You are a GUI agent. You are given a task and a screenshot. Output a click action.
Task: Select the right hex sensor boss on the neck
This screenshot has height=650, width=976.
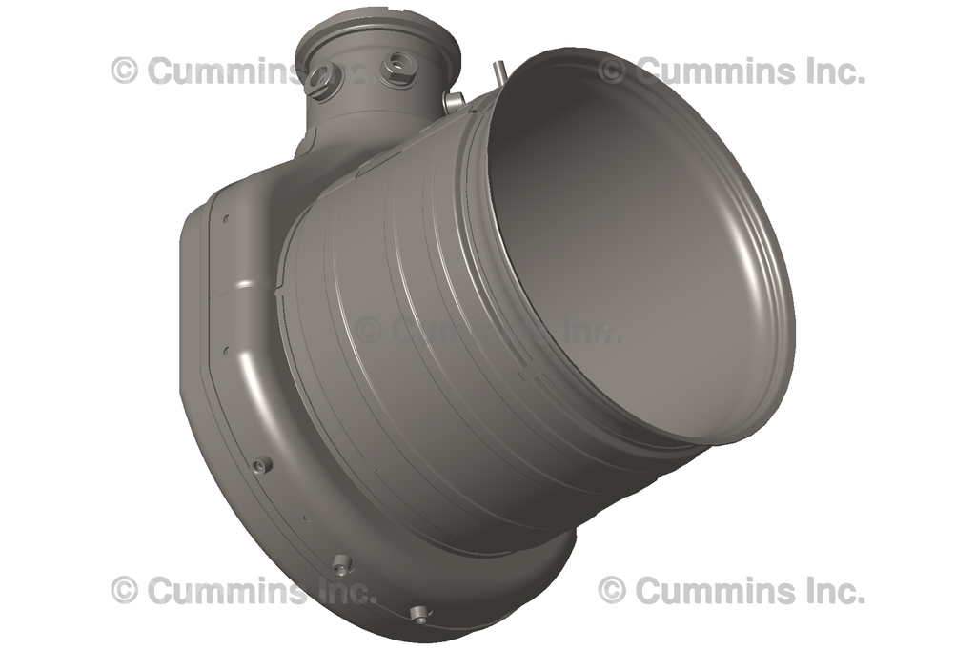[x=396, y=70]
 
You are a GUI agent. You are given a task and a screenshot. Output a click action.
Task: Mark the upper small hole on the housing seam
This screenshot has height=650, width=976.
[x=226, y=219]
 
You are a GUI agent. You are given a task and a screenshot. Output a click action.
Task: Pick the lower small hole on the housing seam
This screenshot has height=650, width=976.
[x=226, y=350]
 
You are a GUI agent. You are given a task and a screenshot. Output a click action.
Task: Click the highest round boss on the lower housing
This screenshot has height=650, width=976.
[x=259, y=465]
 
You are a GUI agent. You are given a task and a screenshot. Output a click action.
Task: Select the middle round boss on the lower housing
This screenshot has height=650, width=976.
[x=342, y=563]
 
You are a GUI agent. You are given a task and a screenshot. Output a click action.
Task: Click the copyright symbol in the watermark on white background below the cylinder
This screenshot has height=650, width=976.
[x=612, y=590]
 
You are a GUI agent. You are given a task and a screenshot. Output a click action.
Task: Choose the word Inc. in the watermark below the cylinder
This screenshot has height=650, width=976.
[x=829, y=590]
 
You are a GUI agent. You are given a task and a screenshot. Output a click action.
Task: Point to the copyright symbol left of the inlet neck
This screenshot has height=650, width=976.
[x=124, y=71]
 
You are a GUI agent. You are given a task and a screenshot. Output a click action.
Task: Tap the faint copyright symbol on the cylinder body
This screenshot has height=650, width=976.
[x=368, y=330]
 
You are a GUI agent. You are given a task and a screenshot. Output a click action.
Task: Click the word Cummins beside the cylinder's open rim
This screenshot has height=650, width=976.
[x=709, y=71]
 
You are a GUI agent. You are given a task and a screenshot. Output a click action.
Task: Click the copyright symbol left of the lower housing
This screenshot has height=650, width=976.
[x=124, y=590]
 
